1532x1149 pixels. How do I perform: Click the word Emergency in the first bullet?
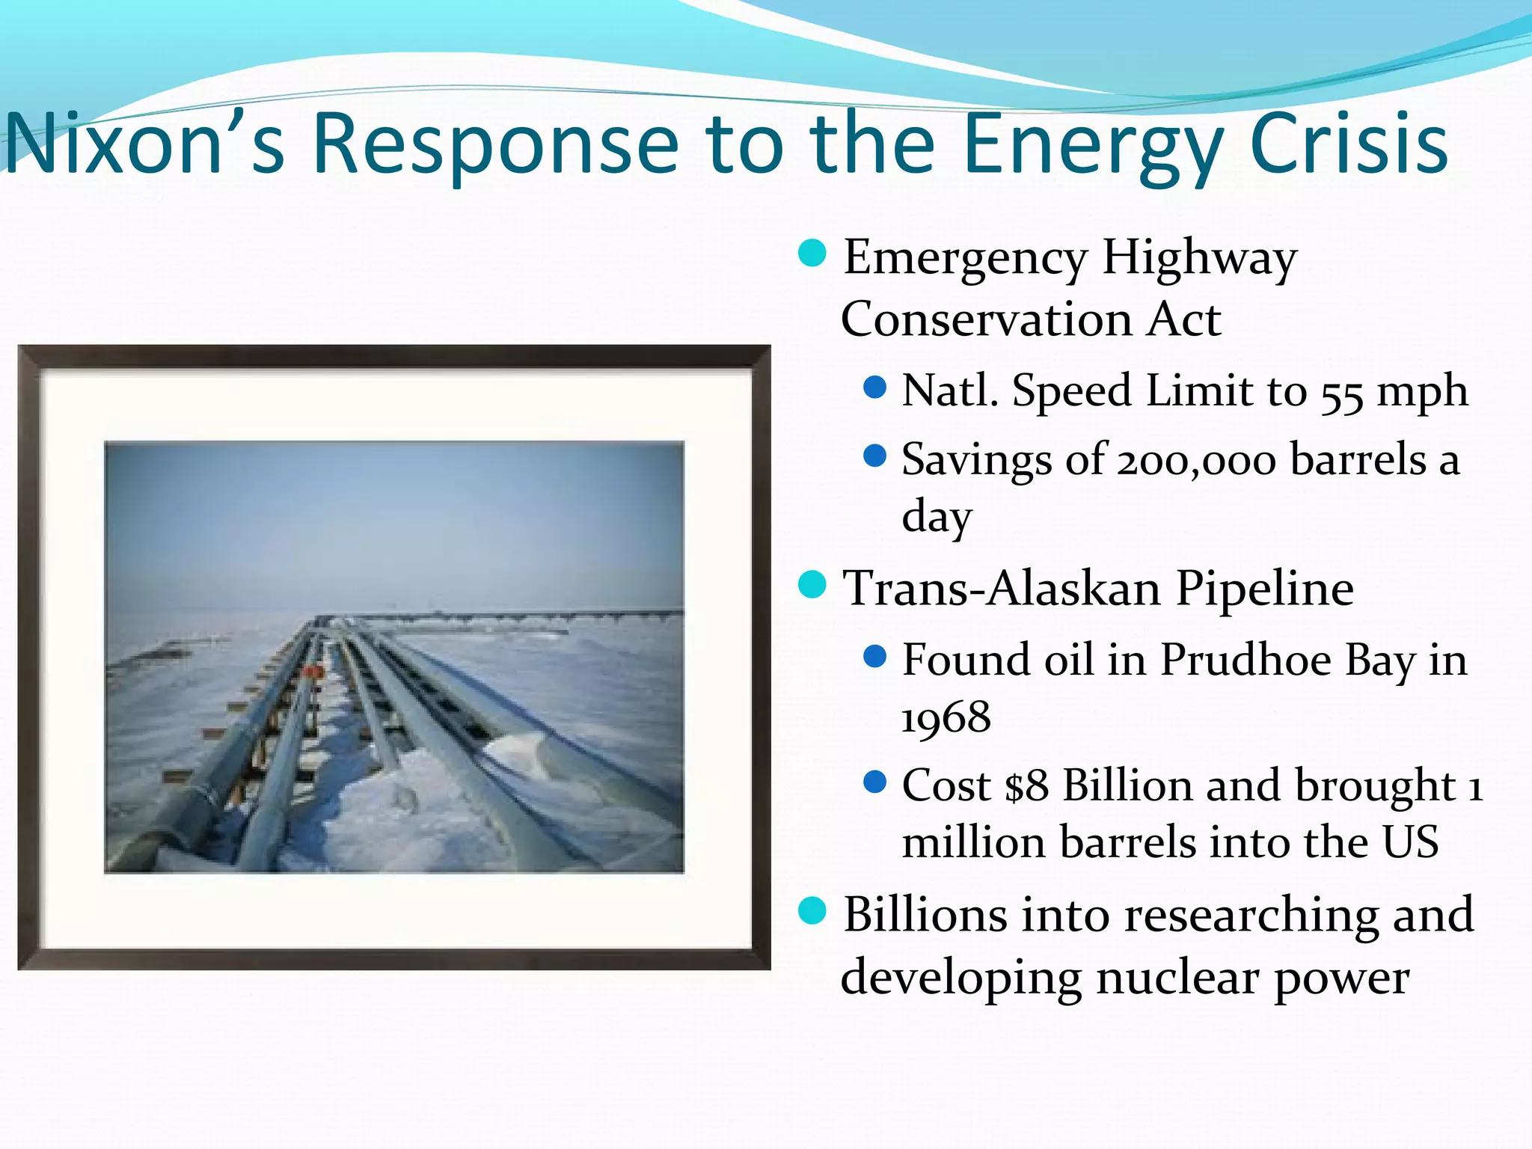click(x=965, y=258)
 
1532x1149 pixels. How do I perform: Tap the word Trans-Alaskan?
click(x=1002, y=589)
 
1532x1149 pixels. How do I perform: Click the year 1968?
click(x=946, y=718)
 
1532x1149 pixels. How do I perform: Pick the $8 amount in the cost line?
click(x=1026, y=787)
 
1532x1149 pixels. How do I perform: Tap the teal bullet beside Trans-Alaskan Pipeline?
click(x=812, y=585)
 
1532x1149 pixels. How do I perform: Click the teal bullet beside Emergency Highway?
click(x=812, y=254)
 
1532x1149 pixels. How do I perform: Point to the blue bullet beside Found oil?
click(x=874, y=657)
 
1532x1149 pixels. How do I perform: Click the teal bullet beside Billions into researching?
click(x=812, y=910)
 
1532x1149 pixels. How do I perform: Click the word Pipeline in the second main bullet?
click(x=1264, y=589)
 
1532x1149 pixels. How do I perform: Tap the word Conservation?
click(x=987, y=320)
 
